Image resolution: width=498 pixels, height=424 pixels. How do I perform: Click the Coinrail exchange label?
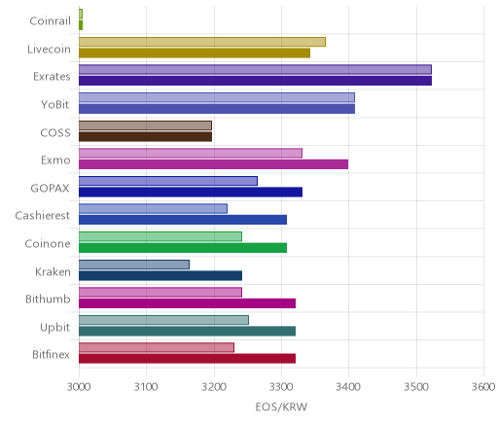coord(50,21)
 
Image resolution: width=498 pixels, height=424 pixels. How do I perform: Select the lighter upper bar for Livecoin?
coord(202,42)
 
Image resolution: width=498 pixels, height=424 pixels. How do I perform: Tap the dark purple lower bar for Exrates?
coord(255,81)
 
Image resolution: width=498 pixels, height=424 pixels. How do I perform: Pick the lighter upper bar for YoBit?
coord(217,97)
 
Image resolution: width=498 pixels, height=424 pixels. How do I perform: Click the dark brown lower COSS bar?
coord(145,137)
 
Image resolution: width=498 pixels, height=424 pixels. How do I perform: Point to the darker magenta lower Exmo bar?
coord(213,164)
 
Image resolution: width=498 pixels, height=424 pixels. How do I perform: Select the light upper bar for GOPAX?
coord(168,181)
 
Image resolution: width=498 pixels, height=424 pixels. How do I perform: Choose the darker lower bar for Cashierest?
coord(183,220)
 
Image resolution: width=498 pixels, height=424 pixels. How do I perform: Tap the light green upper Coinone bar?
coord(160,236)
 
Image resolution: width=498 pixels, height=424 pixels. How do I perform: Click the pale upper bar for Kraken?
coord(134,265)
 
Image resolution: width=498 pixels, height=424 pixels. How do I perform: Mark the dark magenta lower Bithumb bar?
coord(187,303)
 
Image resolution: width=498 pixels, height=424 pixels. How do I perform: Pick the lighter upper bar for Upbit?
coord(163,320)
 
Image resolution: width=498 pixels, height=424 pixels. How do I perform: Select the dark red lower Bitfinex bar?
coord(187,359)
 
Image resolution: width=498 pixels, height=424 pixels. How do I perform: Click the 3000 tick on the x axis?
coord(79,387)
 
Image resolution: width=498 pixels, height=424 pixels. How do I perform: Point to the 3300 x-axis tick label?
coord(281,387)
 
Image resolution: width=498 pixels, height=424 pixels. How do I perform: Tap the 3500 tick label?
coord(416,387)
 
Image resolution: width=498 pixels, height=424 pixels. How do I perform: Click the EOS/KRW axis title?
coord(281,406)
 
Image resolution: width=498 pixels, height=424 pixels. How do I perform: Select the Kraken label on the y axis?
coord(53,271)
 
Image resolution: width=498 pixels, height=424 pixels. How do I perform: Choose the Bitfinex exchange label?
coord(51,354)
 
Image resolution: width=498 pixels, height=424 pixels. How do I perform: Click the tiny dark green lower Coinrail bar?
coord(81,25)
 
